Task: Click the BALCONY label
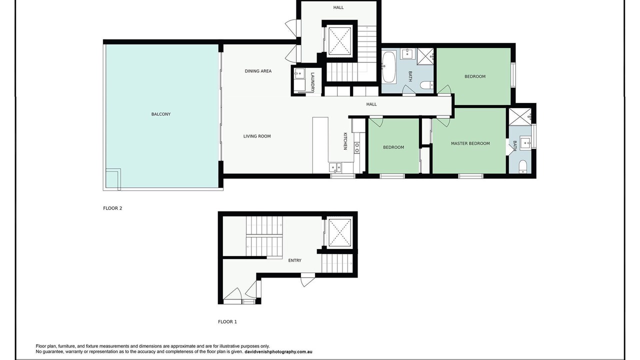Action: tap(161, 114)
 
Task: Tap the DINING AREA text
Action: tap(258, 71)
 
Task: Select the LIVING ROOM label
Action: tap(257, 136)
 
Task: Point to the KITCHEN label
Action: tap(345, 141)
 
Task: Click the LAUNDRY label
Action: tap(312, 82)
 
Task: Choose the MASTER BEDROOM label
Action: tap(470, 143)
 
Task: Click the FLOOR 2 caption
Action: tap(112, 208)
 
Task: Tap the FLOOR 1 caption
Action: tap(227, 321)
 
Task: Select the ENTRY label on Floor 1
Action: tap(294, 260)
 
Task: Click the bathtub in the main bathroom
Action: tap(389, 66)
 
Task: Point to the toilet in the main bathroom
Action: tap(426, 85)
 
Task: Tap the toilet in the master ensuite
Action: tap(522, 166)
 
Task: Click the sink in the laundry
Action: tap(299, 73)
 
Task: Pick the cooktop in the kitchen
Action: tap(357, 147)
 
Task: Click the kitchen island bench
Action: tap(320, 145)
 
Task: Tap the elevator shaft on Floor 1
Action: tap(339, 232)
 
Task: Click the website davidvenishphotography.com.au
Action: tap(278, 351)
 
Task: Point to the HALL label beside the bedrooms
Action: tap(371, 104)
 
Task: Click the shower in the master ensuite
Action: tap(520, 116)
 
